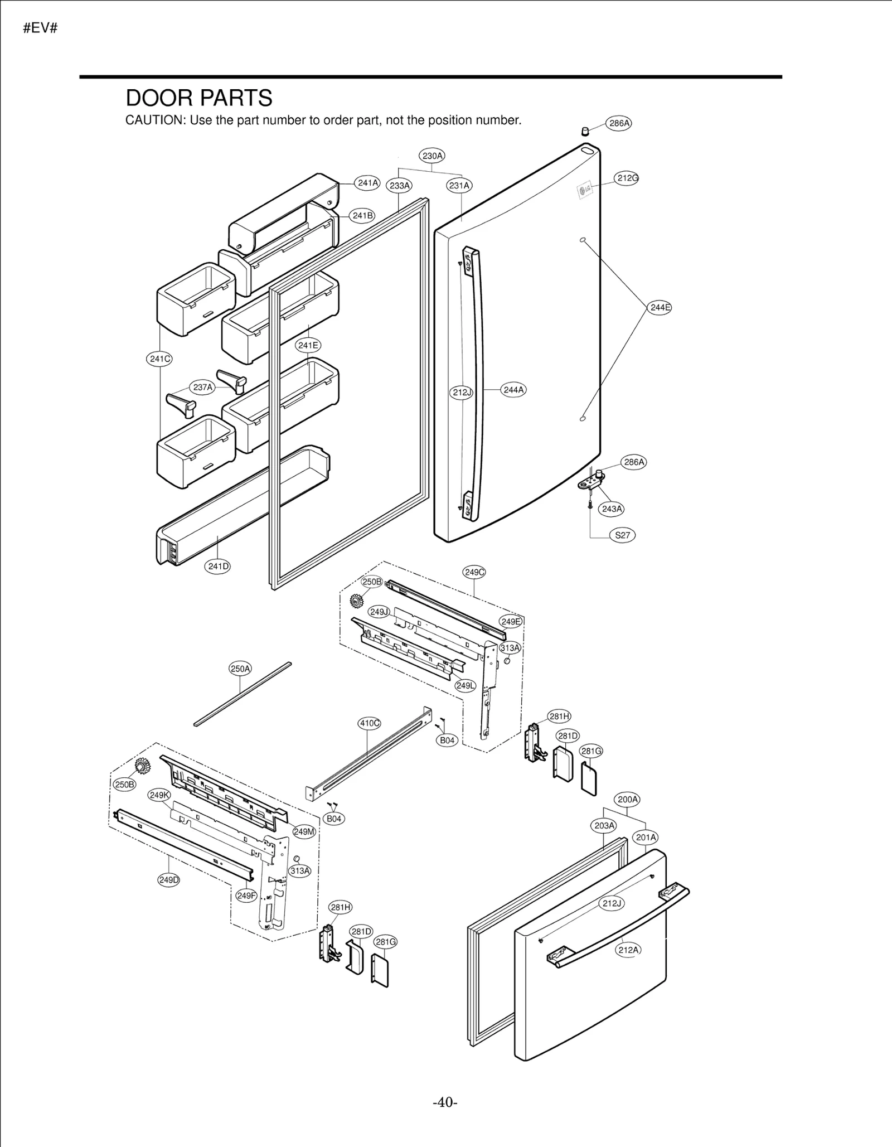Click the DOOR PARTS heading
tap(199, 98)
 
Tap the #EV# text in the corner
tap(40, 28)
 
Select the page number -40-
tap(445, 1102)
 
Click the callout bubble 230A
tap(432, 156)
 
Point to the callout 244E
tap(660, 307)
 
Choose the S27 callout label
tap(622, 535)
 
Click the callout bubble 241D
tap(218, 567)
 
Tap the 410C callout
tap(369, 723)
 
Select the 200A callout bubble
tap(628, 799)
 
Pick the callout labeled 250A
tap(240, 669)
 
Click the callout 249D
tap(168, 880)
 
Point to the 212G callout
tap(627, 178)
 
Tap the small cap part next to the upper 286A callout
tap(585, 132)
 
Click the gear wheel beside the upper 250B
tap(356, 601)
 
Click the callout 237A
tap(202, 387)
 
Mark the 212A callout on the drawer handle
tap(628, 950)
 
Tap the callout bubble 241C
tap(159, 359)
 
